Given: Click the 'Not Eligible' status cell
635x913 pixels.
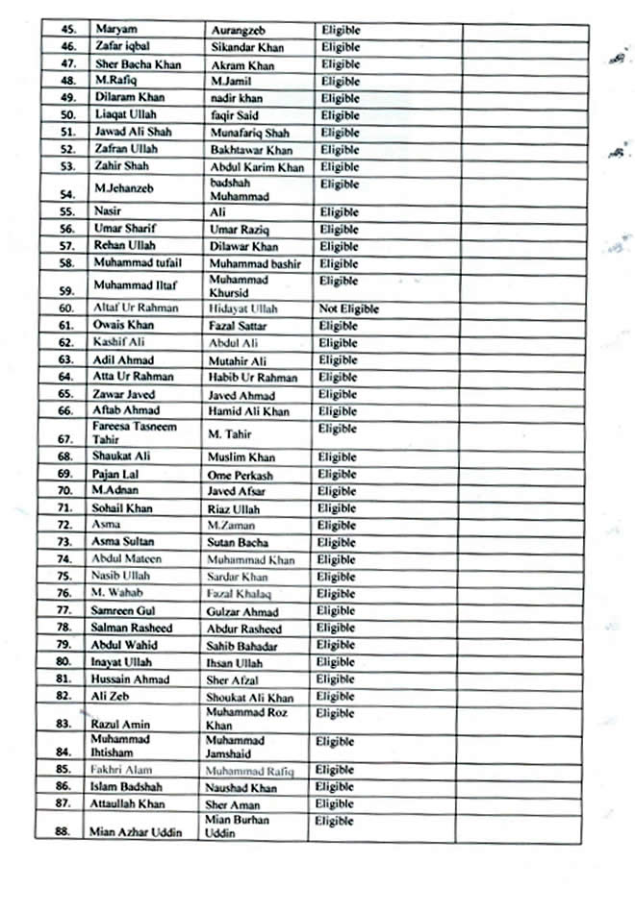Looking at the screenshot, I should tap(348, 309).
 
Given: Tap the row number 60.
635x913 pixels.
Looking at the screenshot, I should tap(66, 309).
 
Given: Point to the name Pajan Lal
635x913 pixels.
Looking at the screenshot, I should tap(114, 474).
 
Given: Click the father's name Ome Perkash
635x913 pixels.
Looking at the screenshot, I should tap(240, 475).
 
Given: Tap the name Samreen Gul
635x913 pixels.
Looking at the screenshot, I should tap(124, 610).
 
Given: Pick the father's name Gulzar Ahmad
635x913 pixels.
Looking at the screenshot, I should tap(242, 611).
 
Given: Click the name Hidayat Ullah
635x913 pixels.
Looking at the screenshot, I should tap(242, 309).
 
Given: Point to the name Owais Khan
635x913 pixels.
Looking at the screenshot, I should tap(122, 326).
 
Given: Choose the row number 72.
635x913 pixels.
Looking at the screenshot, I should tap(65, 526).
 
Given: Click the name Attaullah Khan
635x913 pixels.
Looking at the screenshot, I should tap(128, 803).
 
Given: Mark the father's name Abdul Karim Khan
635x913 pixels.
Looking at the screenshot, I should tap(257, 167).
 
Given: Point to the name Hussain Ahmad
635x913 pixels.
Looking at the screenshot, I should tap(130, 679).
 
